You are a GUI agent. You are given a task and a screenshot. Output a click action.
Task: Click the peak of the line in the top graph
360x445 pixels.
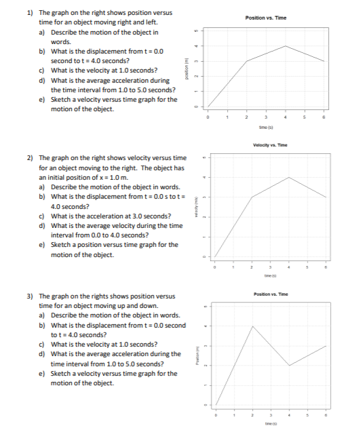click(x=287, y=46)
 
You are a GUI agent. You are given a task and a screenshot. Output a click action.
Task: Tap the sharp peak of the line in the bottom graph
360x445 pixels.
click(x=253, y=326)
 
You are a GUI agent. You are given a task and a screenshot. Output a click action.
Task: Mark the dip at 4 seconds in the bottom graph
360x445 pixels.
click(x=289, y=366)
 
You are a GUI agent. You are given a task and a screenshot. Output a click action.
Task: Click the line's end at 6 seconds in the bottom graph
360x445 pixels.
click(x=327, y=346)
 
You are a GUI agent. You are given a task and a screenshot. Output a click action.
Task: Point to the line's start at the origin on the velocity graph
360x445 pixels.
click(x=215, y=258)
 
